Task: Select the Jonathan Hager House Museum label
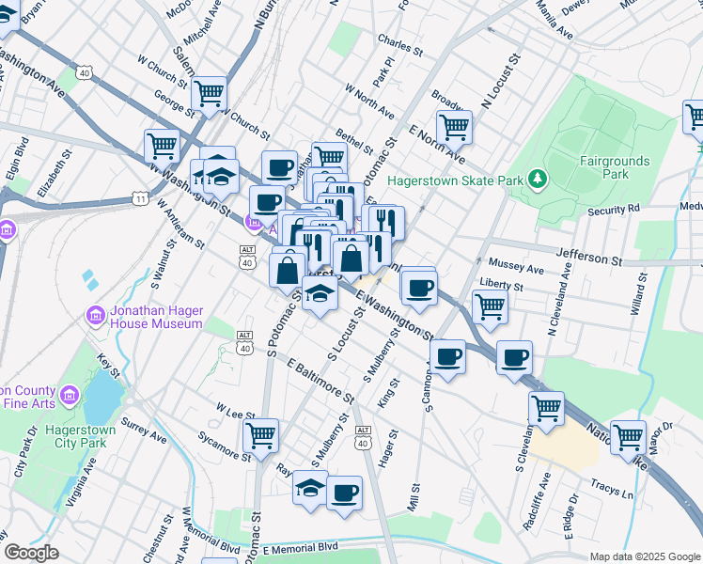coord(143,316)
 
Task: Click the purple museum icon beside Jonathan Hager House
coord(95,316)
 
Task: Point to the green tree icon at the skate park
coord(537,179)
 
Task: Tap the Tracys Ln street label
coord(613,494)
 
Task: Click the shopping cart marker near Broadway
coord(454,126)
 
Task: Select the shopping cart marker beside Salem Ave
coord(209,92)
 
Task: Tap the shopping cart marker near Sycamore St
coord(260,434)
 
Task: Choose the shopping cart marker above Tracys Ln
coord(628,436)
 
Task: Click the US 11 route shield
coord(140,198)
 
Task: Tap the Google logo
coord(32,553)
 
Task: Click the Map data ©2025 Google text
coord(644,556)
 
